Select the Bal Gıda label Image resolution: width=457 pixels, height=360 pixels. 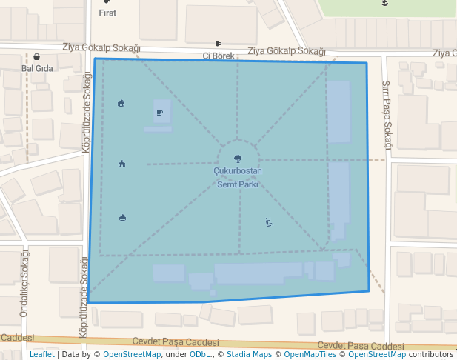coord(36,67)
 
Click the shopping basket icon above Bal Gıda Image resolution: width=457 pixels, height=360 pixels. coord(36,57)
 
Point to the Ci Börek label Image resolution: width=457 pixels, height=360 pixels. coord(218,56)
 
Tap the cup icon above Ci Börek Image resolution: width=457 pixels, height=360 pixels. coord(218,44)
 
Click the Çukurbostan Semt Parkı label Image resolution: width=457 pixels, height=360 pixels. coord(238,178)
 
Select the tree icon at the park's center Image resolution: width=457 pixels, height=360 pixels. coord(238,158)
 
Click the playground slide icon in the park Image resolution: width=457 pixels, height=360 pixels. coord(270,221)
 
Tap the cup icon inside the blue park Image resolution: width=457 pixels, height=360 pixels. coord(160,113)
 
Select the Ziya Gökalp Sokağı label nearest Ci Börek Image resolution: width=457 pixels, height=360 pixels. coord(286,51)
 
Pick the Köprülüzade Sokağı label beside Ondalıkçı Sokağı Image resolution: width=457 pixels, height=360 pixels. coord(84,281)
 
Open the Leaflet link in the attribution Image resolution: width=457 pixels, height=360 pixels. coord(41,355)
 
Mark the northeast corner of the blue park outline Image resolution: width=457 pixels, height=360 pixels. coord(367,63)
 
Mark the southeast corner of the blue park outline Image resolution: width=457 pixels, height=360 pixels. coord(369,290)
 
